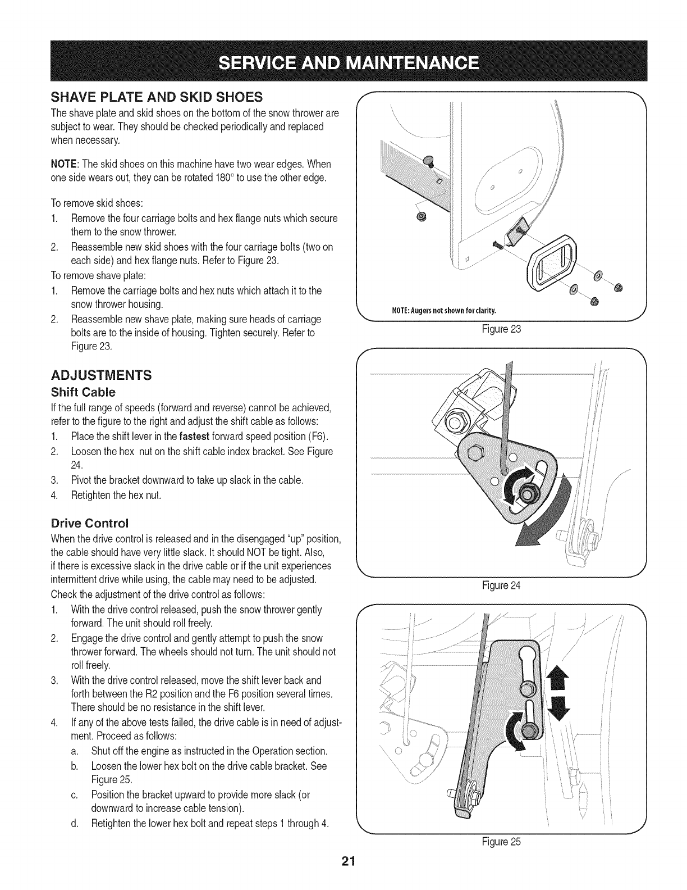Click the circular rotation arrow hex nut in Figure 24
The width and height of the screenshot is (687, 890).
point(526,494)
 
